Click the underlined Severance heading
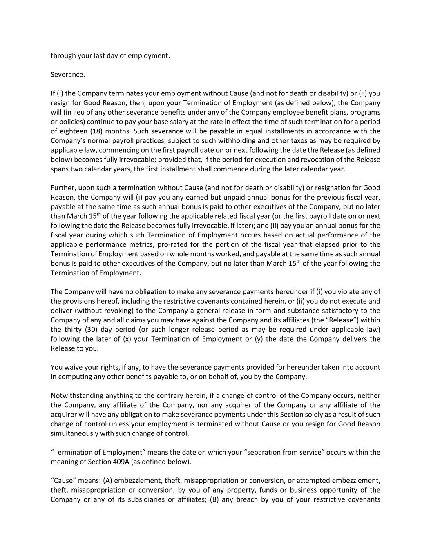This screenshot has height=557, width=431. [x=67, y=75]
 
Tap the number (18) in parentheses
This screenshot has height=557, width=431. [x=96, y=131]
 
